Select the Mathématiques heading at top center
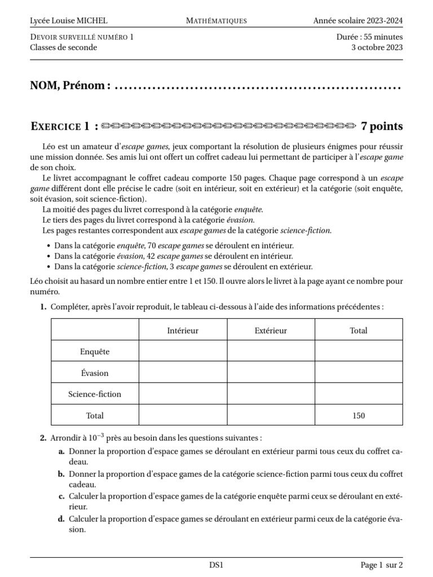point(216,21)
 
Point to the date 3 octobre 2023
point(377,47)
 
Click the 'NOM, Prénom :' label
point(70,86)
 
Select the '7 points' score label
point(382,126)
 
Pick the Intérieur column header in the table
point(183,330)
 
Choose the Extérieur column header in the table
point(271,330)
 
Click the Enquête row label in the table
point(95,352)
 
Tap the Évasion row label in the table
point(95,373)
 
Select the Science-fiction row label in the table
point(95,394)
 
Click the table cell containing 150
point(359,416)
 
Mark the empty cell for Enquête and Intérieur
point(183,352)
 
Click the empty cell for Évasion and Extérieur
point(271,373)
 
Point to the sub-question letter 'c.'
point(61,496)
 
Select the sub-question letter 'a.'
point(61,451)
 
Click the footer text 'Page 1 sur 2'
point(382,565)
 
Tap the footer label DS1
point(216,565)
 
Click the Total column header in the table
point(359,330)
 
